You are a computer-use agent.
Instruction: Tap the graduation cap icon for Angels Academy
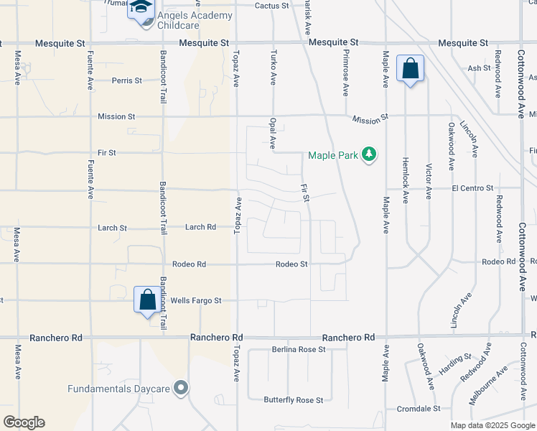point(141,9)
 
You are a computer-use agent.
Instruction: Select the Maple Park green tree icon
point(369,154)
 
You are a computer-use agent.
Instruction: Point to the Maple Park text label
point(332,154)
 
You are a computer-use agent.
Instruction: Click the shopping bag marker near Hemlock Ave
point(410,70)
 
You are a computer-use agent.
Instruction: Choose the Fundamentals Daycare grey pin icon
point(181,389)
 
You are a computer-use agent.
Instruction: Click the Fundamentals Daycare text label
point(119,389)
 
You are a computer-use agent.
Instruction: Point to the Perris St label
point(126,80)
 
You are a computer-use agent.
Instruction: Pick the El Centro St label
point(472,188)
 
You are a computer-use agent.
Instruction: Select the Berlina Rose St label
point(299,350)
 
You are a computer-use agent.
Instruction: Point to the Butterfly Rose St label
point(293,399)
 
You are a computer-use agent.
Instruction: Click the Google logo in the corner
point(24,422)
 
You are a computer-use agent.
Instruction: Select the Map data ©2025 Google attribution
point(492,425)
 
